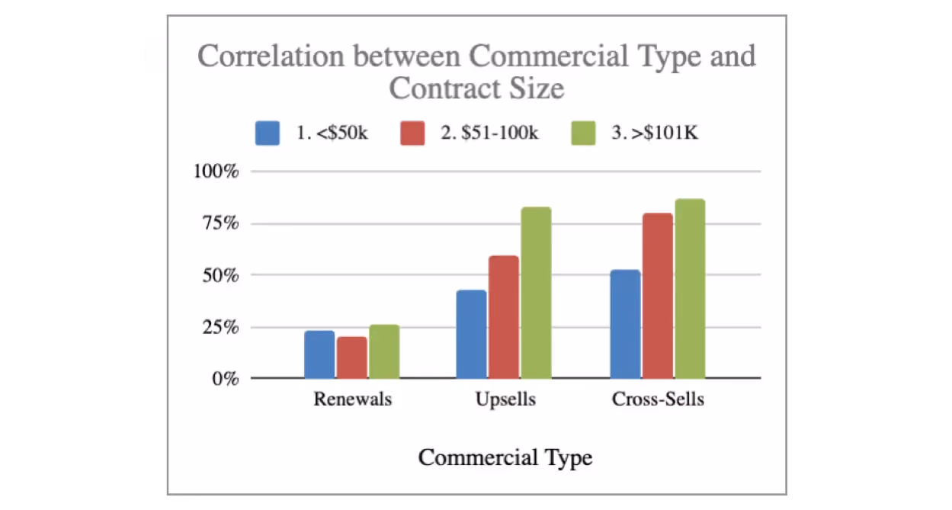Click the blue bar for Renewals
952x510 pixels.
tap(319, 354)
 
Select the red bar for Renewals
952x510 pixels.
tap(352, 358)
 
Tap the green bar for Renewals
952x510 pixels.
tap(384, 351)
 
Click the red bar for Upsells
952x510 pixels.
tap(504, 317)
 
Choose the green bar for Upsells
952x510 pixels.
tap(536, 293)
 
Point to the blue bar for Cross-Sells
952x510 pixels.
tap(625, 324)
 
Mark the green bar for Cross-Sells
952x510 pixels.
tap(690, 289)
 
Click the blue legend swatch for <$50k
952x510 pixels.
tap(268, 133)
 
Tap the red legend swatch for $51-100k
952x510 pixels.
tap(412, 133)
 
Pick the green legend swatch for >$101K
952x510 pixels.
tap(584, 133)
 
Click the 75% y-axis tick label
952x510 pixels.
tap(221, 224)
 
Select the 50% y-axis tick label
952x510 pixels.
tap(221, 275)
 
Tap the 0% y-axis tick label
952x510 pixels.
tap(226, 379)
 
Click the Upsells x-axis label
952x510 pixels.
tap(505, 399)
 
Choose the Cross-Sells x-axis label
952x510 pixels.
tap(658, 399)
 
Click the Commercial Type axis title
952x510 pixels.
tap(505, 457)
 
